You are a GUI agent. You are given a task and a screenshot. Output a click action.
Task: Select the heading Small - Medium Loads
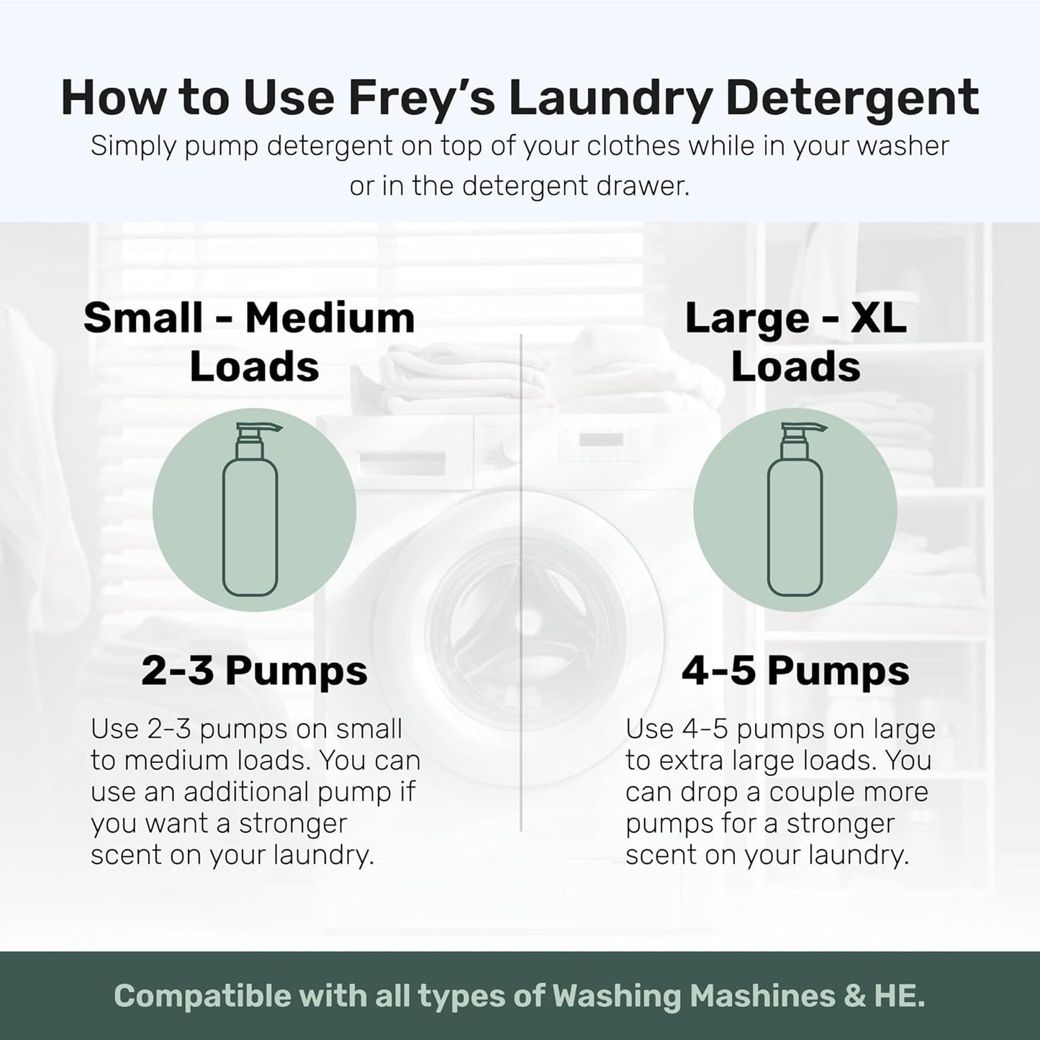[250, 342]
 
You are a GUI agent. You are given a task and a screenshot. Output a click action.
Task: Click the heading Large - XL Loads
[795, 342]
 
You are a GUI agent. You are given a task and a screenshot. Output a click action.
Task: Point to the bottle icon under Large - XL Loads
[795, 510]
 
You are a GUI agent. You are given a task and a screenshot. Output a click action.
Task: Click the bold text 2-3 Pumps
[254, 671]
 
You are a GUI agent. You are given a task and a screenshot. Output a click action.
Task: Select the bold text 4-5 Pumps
[795, 671]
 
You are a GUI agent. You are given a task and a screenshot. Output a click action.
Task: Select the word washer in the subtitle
[905, 146]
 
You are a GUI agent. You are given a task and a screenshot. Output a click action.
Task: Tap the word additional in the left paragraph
[236, 792]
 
